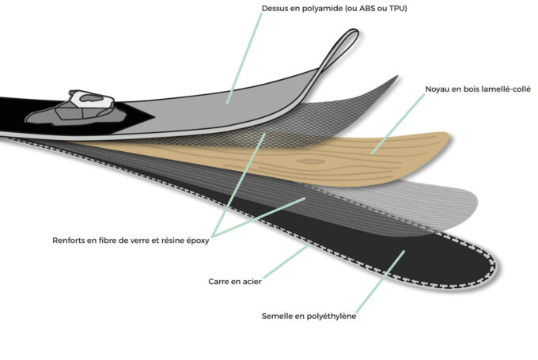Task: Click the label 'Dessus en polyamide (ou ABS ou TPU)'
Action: tap(334, 8)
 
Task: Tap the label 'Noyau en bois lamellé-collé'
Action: tap(478, 89)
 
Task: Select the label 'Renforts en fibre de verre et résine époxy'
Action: tap(131, 241)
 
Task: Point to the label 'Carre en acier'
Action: tap(235, 282)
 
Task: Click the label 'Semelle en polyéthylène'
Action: tap(309, 316)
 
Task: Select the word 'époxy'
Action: tap(198, 241)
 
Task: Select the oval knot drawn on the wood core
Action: tap(310, 161)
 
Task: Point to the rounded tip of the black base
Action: tap(498, 267)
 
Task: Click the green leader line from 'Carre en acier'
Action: tap(286, 261)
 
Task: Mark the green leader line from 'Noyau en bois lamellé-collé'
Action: tap(398, 124)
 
